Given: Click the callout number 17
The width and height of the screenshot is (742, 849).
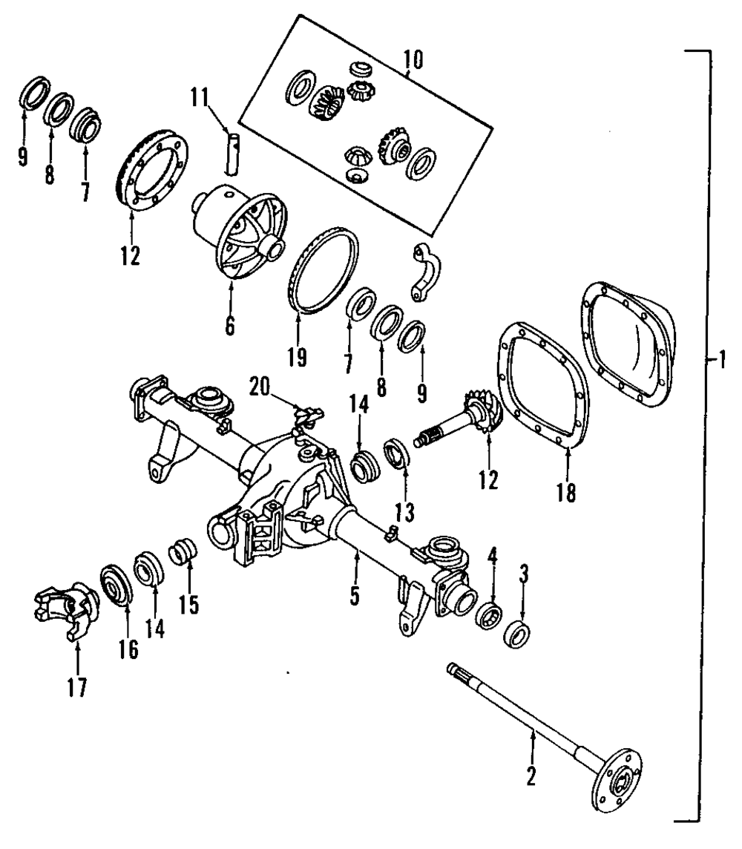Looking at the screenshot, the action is click(77, 687).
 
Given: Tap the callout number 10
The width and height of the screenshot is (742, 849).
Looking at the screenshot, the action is click(413, 60).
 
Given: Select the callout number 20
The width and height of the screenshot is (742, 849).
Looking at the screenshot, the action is click(259, 387).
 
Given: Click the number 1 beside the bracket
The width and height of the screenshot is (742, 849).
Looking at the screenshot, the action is click(722, 359).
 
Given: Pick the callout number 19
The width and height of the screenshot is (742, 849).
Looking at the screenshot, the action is click(297, 357).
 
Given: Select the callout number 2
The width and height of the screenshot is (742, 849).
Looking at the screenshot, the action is click(531, 776).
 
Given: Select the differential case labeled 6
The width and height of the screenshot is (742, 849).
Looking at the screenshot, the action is click(240, 230).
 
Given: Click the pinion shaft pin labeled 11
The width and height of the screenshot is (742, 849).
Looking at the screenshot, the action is click(232, 154).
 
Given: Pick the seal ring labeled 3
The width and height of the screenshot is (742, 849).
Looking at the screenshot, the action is click(516, 634).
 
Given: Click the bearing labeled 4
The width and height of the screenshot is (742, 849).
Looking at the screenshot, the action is click(489, 614).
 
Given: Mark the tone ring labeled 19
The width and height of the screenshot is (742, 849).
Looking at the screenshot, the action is click(323, 270).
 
